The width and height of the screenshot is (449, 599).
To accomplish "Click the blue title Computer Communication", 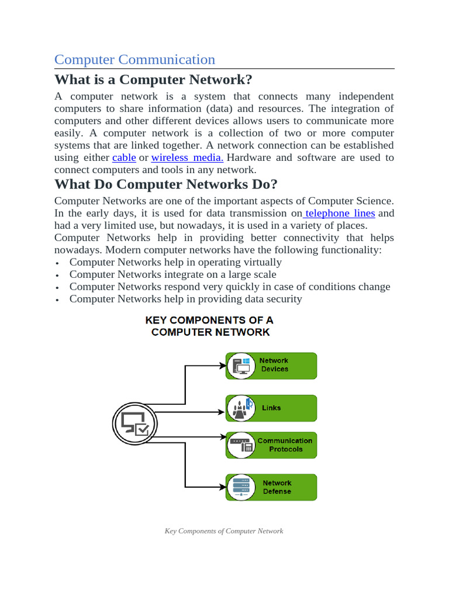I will (x=134, y=60).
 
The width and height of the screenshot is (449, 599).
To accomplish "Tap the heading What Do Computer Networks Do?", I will (x=165, y=184).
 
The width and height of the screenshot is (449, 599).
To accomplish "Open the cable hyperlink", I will (x=124, y=157).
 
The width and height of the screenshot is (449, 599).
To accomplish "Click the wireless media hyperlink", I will (x=187, y=157).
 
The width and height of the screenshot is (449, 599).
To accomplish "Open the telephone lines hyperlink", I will (x=339, y=213).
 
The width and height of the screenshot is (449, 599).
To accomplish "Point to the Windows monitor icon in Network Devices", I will (x=241, y=365).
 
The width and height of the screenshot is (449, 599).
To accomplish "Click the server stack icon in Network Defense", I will (x=241, y=487).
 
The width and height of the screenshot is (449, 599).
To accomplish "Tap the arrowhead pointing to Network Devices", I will (x=222, y=365).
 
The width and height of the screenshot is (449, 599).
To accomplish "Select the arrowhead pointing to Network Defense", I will (x=222, y=487).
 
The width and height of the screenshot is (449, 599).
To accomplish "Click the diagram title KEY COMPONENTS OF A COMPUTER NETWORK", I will (x=209, y=326).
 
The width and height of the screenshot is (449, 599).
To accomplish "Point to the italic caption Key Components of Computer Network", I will (x=224, y=531).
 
